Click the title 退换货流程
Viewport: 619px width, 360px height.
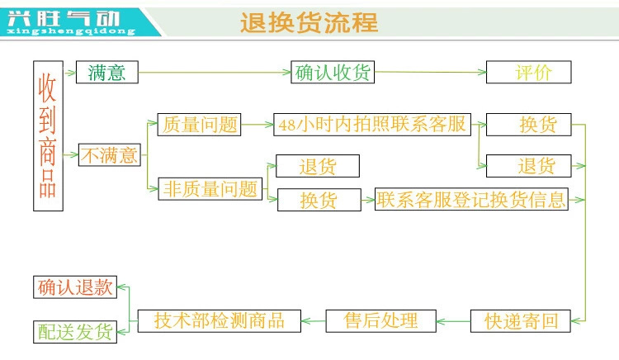tap(309, 22)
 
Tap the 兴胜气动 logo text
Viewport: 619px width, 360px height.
tap(69, 17)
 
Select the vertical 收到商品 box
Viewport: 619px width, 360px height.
tap(48, 135)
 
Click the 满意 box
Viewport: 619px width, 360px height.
tap(106, 73)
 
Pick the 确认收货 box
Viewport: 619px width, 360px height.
tap(333, 73)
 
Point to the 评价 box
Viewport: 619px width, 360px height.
tap(529, 73)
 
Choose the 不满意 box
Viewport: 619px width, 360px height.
tap(110, 154)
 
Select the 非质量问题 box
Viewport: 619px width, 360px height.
tap(210, 188)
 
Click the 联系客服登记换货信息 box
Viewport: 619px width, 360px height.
tap(471, 199)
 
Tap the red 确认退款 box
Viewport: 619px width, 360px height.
tap(74, 287)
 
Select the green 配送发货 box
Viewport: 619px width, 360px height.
tap(74, 331)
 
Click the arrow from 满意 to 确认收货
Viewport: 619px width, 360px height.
tap(215, 73)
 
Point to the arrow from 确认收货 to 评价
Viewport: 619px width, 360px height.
tap(429, 73)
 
